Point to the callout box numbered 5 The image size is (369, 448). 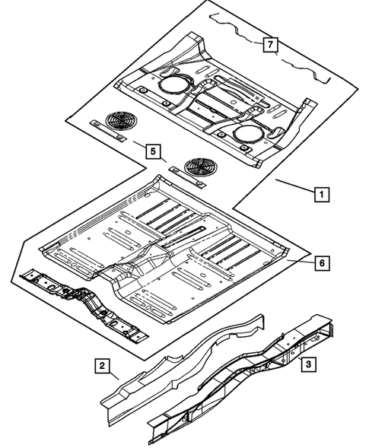(x=153, y=151)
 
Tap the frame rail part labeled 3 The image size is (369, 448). (x=243, y=380)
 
